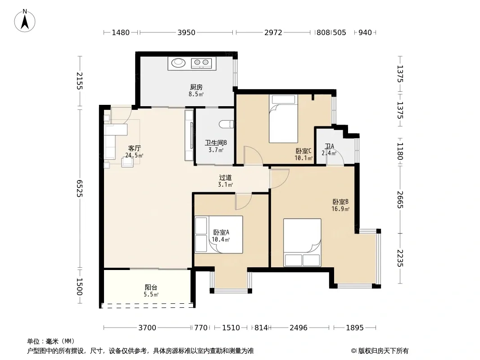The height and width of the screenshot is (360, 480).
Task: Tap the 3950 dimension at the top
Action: (x=186, y=32)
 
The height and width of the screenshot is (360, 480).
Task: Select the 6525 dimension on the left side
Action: (x=80, y=189)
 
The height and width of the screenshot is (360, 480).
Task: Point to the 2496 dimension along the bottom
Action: (x=299, y=328)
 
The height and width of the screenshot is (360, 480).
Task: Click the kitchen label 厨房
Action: (x=196, y=87)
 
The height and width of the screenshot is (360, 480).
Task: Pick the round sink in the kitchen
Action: (x=178, y=63)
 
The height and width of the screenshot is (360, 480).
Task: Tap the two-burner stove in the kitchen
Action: (x=201, y=63)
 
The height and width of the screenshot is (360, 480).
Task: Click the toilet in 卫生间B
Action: (x=226, y=124)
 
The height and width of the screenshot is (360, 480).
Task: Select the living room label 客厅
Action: (x=134, y=148)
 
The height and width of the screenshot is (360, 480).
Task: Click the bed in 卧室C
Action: (x=283, y=119)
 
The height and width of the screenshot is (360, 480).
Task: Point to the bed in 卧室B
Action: (x=302, y=243)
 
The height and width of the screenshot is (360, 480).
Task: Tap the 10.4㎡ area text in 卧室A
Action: (x=221, y=239)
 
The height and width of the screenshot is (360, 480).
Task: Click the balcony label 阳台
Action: (x=151, y=288)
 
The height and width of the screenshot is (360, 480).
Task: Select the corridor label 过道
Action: (x=225, y=178)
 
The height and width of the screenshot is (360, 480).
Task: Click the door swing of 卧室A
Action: (x=243, y=202)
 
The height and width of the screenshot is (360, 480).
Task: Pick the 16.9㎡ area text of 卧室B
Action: (x=340, y=209)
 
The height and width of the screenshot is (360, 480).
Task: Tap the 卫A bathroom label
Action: (x=330, y=146)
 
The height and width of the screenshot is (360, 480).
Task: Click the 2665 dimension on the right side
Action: (x=400, y=200)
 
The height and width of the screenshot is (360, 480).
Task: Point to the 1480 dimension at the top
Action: (x=121, y=32)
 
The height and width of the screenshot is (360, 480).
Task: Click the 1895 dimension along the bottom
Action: (x=355, y=328)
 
